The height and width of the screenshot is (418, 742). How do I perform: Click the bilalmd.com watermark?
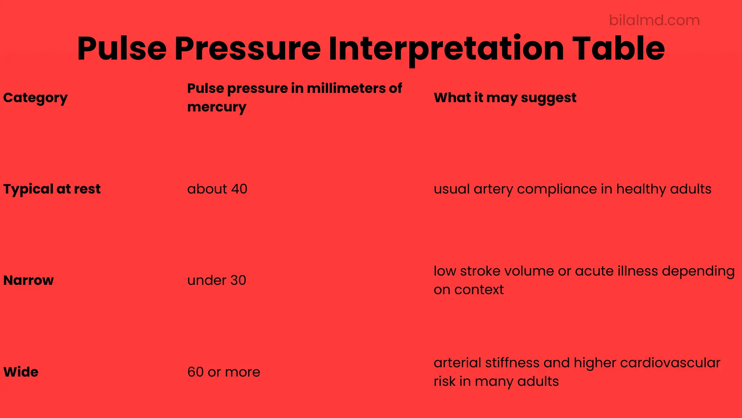click(654, 20)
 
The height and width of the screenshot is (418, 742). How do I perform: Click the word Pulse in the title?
click(122, 49)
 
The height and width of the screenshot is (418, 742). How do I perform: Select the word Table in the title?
click(618, 49)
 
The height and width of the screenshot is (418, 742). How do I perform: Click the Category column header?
click(36, 98)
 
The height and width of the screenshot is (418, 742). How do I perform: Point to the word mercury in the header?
click(217, 107)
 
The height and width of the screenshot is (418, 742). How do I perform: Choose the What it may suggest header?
click(505, 98)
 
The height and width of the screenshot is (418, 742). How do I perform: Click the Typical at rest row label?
click(52, 189)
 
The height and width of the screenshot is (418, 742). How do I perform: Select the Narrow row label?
click(29, 280)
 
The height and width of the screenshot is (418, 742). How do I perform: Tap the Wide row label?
click(21, 372)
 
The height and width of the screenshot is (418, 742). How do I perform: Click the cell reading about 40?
click(217, 189)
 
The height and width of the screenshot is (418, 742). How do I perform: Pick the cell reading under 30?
click(217, 280)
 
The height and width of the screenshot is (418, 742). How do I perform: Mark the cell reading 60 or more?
click(224, 372)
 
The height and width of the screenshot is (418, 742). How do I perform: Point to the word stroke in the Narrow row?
click(480, 271)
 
